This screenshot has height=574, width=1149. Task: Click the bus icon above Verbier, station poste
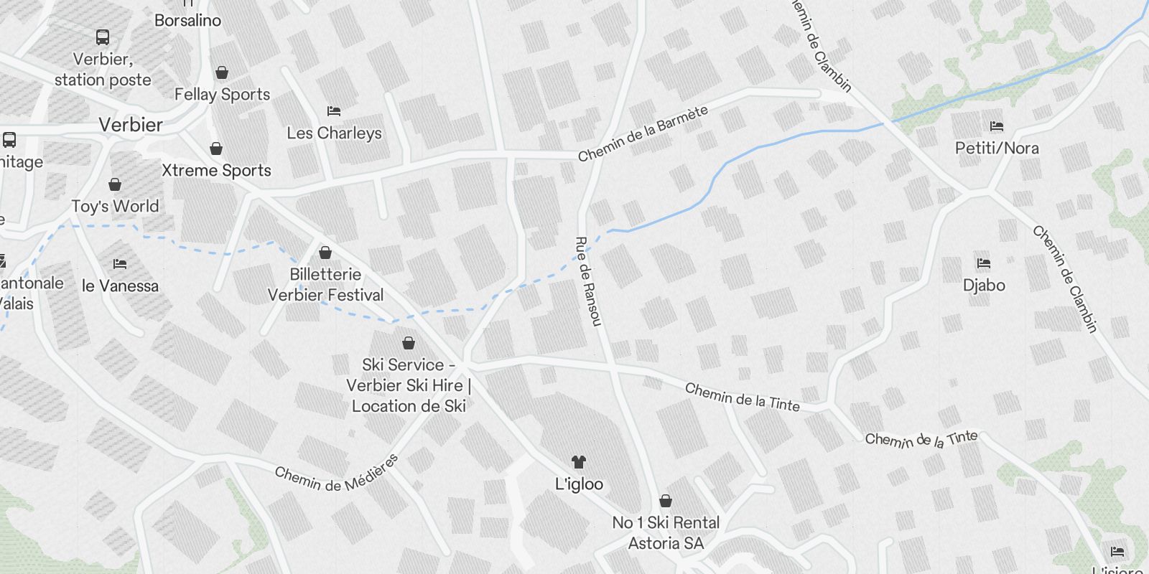click(x=103, y=37)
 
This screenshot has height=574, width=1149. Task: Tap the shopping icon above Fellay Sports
click(x=222, y=72)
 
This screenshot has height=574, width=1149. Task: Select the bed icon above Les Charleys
click(x=334, y=111)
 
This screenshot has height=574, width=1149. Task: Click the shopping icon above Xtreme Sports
click(x=216, y=149)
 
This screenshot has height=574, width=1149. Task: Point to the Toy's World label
click(x=115, y=207)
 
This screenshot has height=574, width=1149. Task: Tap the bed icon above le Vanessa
click(x=120, y=264)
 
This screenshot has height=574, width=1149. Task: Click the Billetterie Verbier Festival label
click(x=325, y=285)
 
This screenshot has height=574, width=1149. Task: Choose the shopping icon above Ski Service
click(x=409, y=343)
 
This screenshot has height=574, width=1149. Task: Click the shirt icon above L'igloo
click(x=578, y=462)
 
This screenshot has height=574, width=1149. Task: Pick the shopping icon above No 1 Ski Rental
click(x=666, y=501)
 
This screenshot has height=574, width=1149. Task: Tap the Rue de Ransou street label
click(x=587, y=281)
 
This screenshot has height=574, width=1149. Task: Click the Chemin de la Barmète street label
click(x=643, y=133)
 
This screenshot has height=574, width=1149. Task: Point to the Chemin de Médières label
click(x=336, y=474)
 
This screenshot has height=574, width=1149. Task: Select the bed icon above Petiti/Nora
click(x=997, y=126)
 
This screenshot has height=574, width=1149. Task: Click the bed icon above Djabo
click(x=984, y=263)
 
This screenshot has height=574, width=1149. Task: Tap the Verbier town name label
click(x=131, y=125)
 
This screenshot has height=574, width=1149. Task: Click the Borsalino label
click(x=187, y=20)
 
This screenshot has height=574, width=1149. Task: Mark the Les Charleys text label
click(x=334, y=133)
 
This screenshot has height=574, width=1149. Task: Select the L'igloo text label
click(x=579, y=484)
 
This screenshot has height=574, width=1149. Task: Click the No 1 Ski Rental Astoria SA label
click(x=666, y=533)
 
